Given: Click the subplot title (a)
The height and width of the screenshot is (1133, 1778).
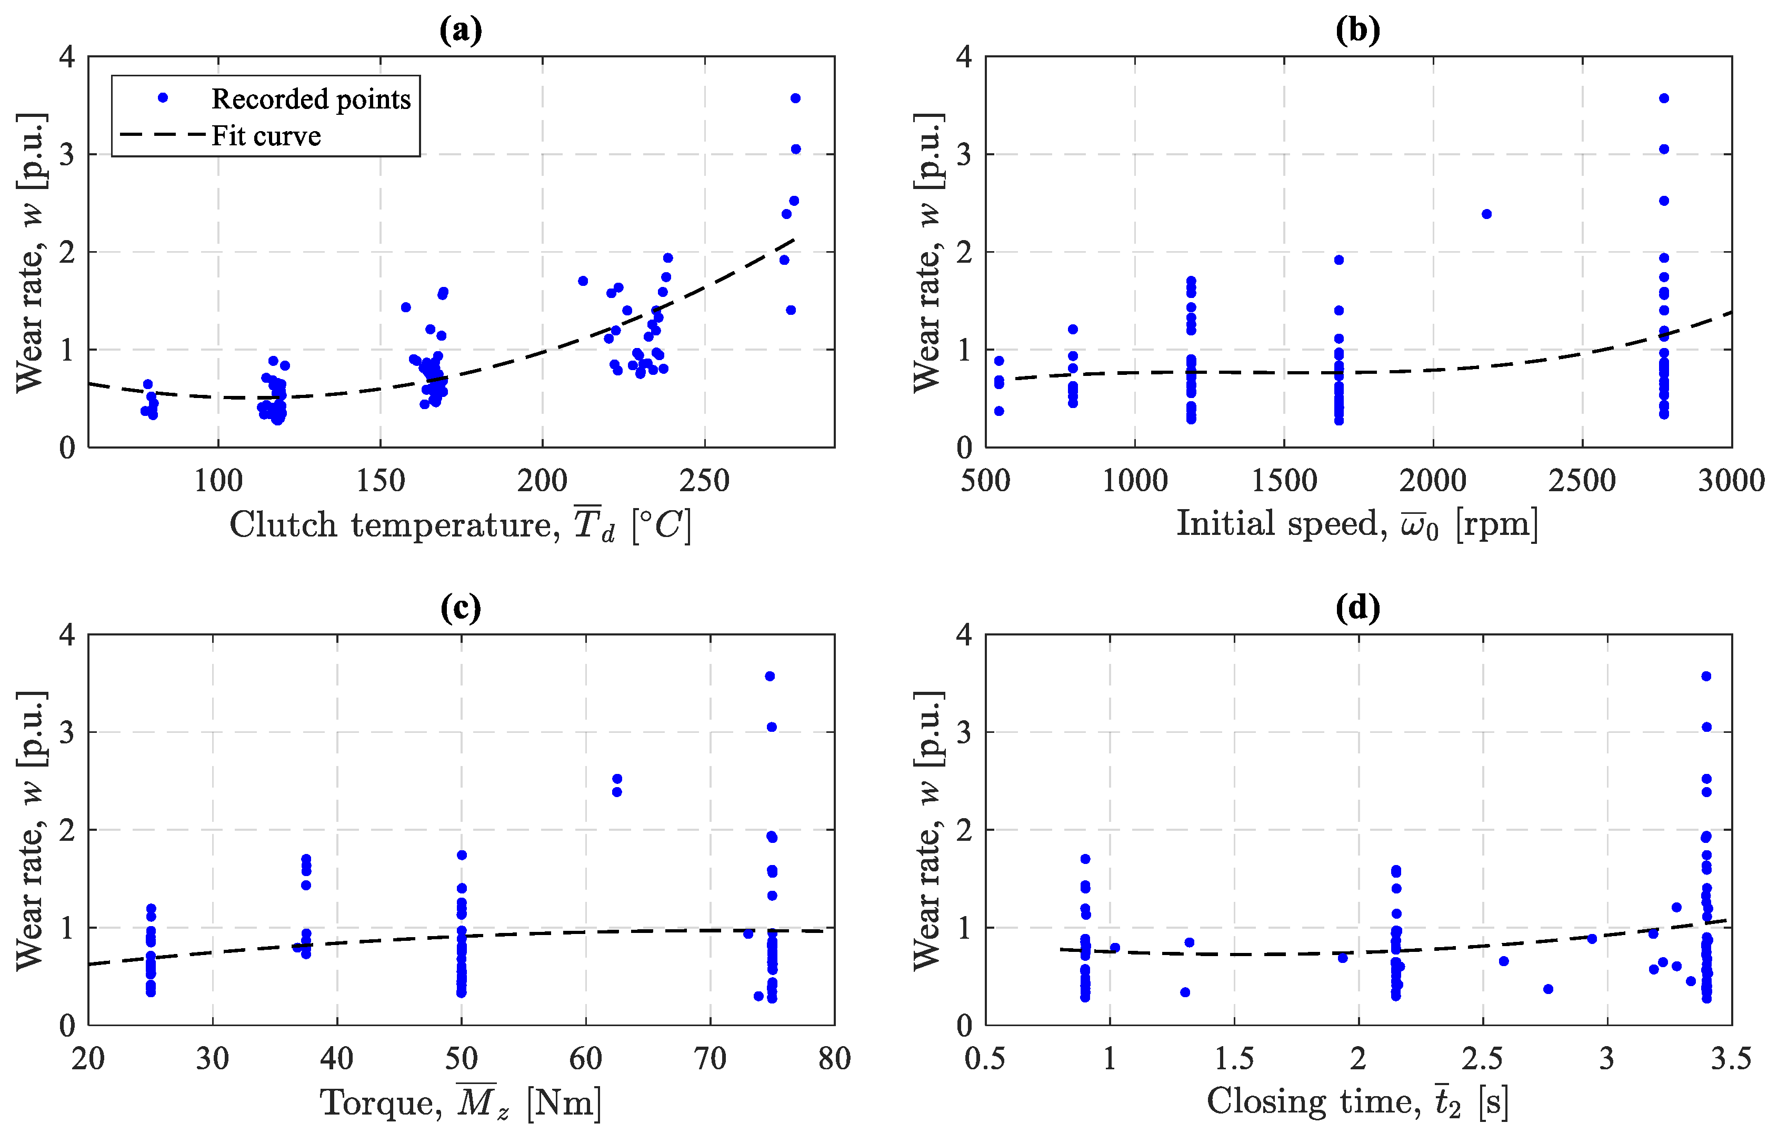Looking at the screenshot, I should pyautogui.click(x=461, y=31).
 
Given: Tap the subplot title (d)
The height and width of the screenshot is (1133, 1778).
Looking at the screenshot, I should pyautogui.click(x=1358, y=608).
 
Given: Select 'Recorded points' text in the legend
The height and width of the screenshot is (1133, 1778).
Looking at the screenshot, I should pyautogui.click(x=311, y=99).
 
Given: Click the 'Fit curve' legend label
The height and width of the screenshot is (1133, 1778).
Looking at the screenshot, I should pyautogui.click(x=266, y=136).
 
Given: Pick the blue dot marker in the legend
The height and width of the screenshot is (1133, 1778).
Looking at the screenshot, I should pyautogui.click(x=163, y=97).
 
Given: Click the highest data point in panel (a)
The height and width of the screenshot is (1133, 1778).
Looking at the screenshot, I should pyautogui.click(x=795, y=98).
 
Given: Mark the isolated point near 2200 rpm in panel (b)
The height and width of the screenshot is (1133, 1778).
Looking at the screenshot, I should pyautogui.click(x=1486, y=214).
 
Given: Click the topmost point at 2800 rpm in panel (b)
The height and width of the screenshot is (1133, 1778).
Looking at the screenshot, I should pyautogui.click(x=1664, y=98).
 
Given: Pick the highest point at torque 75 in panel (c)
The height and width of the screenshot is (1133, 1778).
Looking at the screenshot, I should pyautogui.click(x=770, y=676).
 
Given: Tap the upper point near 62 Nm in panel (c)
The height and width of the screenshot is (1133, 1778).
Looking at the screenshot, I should pyautogui.click(x=617, y=779).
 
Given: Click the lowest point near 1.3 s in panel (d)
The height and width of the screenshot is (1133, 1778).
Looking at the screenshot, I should pyautogui.click(x=1185, y=992).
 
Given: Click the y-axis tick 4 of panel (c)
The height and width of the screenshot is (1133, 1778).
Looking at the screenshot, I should pyautogui.click(x=68, y=634).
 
